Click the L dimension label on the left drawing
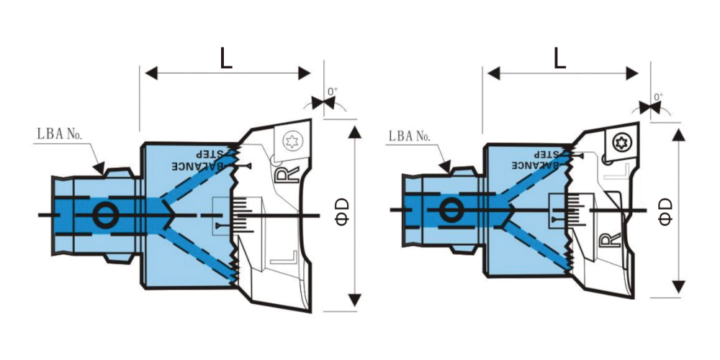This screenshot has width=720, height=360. click(226, 58)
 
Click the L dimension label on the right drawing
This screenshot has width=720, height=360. click(559, 58)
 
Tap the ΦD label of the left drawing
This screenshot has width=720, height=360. click(343, 212)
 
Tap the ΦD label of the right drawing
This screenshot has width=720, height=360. click(665, 212)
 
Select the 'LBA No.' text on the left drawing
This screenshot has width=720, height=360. click(59, 134)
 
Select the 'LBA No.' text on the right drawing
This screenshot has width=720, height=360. click(411, 136)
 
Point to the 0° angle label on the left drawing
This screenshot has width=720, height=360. click(332, 92)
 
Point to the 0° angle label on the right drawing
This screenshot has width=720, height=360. click(658, 97)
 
